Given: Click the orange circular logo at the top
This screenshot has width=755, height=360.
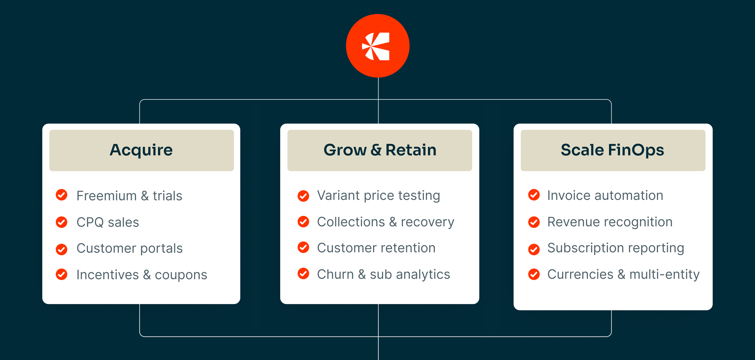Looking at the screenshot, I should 377,46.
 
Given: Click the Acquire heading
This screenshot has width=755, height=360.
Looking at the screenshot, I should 141,150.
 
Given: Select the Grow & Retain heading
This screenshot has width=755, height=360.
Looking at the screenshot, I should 380,150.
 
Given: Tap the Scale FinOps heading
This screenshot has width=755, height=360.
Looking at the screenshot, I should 612,150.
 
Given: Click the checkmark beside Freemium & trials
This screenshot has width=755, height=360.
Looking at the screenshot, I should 62,195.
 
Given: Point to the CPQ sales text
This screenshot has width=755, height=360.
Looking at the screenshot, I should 107,222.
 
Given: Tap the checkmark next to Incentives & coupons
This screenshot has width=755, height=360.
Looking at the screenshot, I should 62,274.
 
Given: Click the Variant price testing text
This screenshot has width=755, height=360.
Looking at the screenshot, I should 378,195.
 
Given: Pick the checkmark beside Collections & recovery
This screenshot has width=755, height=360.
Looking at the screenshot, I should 303,222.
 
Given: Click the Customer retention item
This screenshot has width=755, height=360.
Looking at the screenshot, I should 376,248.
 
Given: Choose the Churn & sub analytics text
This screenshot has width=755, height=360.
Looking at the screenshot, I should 383,274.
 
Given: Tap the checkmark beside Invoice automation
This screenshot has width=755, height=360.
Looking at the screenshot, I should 534,195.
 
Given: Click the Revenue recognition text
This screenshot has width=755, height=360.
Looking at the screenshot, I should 610,222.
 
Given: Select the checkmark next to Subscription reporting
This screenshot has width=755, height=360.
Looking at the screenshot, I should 534,249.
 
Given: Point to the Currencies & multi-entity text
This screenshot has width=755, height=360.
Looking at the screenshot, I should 623,274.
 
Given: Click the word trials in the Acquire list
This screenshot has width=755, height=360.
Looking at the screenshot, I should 167,196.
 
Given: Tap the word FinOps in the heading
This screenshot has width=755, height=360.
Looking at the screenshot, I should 636,150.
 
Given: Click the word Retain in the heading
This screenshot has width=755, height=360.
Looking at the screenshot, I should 411,150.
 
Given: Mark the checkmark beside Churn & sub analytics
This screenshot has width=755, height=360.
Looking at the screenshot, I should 303,274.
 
